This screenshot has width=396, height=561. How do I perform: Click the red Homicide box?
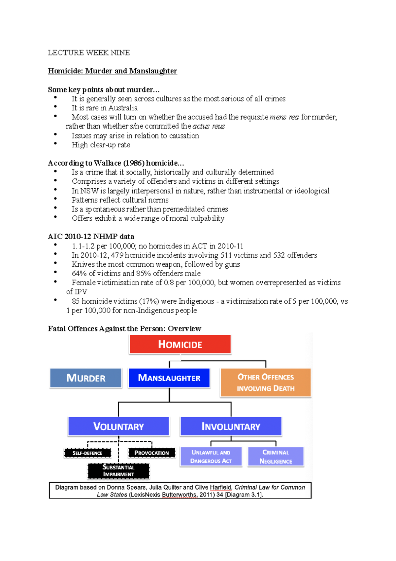[180, 344]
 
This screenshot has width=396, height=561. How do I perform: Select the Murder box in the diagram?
[86, 378]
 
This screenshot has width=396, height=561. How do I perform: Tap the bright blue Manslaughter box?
[169, 378]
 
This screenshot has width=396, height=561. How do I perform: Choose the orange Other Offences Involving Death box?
[266, 383]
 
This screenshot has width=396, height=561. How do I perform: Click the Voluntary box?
[118, 426]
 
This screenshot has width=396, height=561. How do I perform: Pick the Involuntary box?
[231, 426]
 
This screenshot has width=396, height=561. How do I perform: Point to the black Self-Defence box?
[87, 453]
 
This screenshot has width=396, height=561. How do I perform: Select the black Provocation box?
[151, 453]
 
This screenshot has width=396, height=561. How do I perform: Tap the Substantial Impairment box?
[118, 471]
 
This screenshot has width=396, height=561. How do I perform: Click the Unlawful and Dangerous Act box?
[211, 457]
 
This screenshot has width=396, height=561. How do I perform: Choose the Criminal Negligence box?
[276, 457]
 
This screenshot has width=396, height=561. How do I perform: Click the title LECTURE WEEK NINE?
[89, 53]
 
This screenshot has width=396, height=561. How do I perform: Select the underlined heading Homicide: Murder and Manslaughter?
[112, 71]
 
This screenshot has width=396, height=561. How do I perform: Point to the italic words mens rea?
[284, 117]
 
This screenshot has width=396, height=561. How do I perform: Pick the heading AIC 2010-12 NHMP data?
[91, 237]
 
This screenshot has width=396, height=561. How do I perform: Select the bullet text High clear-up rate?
[101, 145]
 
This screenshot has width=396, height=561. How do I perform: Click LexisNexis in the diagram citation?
[145, 495]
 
